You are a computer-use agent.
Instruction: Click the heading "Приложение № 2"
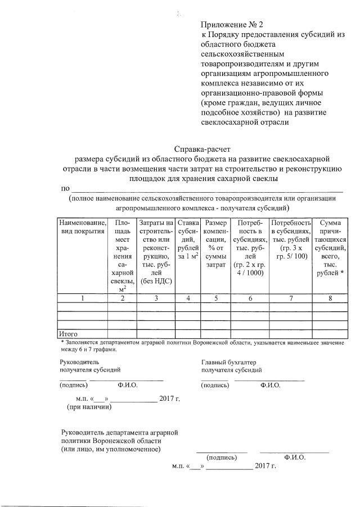click(232, 25)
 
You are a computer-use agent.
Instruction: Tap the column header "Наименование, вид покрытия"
click(83, 227)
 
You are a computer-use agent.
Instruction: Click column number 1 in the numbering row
click(83, 298)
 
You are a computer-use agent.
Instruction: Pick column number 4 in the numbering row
click(187, 298)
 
